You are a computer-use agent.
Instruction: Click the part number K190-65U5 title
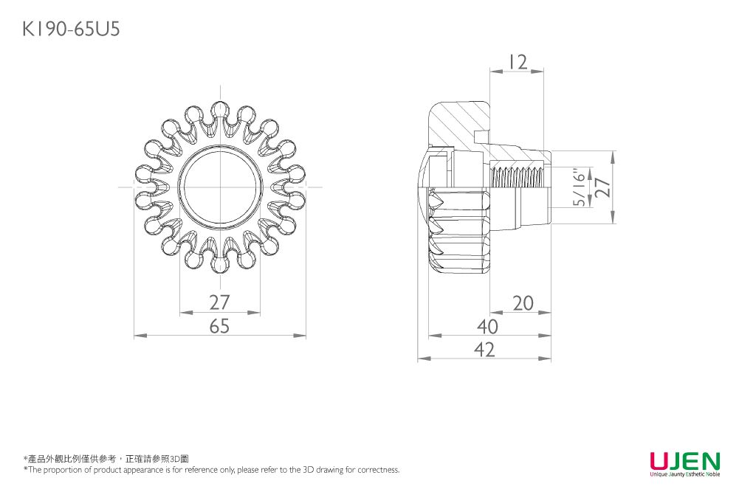pos(70,29)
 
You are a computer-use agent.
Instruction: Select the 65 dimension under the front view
pos(219,326)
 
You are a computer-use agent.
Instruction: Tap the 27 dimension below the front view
pos(219,302)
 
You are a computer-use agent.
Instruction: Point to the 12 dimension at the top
pos(518,63)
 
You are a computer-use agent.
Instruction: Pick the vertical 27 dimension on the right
pos(603,187)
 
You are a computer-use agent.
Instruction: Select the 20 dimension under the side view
pos(523,302)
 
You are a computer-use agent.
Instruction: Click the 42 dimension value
pos(484,350)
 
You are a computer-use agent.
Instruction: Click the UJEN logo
pos(684,462)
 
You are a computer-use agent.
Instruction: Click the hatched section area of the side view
pos(461,122)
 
